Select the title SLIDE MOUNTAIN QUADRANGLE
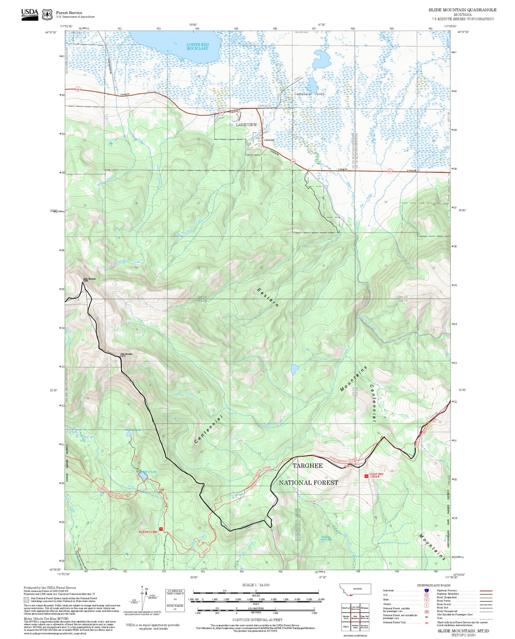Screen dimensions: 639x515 462,10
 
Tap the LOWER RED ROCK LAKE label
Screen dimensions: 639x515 197,46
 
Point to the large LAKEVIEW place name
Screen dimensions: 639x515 246,125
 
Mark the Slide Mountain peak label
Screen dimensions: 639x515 126,354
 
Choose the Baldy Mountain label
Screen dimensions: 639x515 89,280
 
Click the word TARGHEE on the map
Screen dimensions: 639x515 308,466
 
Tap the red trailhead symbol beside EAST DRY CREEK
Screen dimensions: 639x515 366,476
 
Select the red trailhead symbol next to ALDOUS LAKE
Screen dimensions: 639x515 161,529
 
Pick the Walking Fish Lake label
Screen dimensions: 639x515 326,538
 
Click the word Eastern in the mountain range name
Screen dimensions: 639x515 268,297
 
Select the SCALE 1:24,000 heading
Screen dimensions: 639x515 256,585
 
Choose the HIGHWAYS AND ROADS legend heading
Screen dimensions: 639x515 437,585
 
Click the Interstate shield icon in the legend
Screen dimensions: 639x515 426,591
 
